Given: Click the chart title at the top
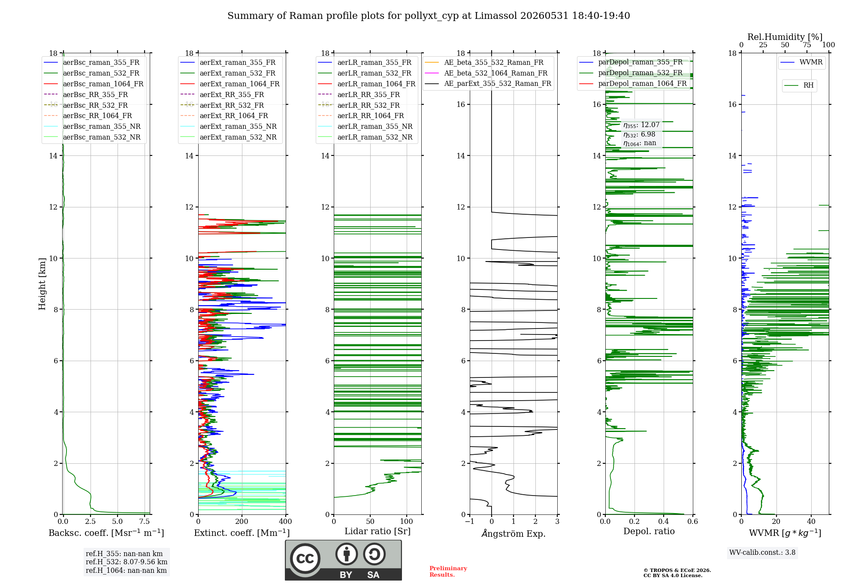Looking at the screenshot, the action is [429, 16].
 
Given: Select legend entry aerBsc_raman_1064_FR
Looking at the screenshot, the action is [94, 84].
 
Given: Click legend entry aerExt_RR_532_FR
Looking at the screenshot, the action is [222, 105].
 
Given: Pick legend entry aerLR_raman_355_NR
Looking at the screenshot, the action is [366, 126].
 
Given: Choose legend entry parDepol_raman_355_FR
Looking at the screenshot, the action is [631, 62].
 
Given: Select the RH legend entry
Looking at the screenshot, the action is [799, 85].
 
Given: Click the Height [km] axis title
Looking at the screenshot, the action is [42, 283].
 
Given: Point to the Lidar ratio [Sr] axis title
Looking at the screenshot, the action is [378, 531].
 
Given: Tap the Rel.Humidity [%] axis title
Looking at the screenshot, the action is [785, 37].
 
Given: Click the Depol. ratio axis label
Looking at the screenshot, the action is [649, 531].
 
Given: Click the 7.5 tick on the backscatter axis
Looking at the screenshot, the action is [145, 521].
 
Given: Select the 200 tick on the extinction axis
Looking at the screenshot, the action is [242, 521].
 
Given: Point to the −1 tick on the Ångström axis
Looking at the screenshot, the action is [469, 521].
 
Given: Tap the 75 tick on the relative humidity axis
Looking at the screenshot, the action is [807, 45].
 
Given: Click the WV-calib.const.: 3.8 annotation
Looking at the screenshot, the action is [762, 553].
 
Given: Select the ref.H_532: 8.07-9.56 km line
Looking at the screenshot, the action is [127, 562].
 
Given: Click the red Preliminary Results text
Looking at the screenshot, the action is [448, 572].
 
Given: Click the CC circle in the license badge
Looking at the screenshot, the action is [305, 559].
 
